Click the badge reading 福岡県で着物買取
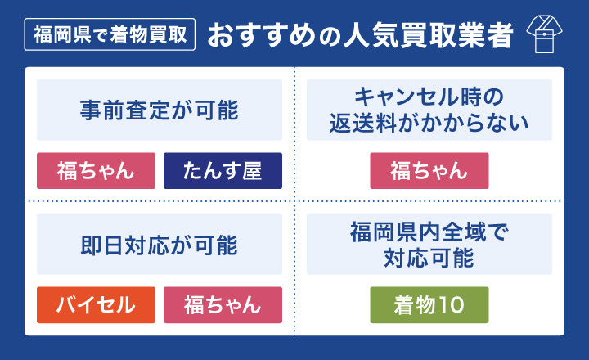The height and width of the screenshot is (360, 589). (110, 36)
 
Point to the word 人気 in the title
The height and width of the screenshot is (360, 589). (359, 36)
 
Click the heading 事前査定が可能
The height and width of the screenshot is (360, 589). (160, 110)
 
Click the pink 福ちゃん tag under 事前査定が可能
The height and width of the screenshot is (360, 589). (96, 171)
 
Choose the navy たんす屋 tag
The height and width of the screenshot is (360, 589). (223, 171)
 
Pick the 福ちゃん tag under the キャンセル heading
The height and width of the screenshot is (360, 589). (429, 171)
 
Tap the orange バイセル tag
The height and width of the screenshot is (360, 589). (96, 305)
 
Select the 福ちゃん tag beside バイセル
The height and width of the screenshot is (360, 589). (223, 305)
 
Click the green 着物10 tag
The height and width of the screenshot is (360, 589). (429, 305)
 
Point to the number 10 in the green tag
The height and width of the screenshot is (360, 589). (452, 305)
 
